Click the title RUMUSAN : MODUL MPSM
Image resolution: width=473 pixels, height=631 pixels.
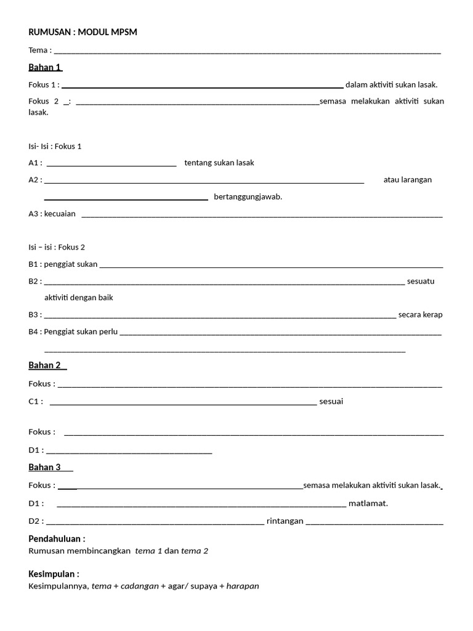(x=83, y=32)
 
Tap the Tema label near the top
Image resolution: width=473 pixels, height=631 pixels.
(x=38, y=51)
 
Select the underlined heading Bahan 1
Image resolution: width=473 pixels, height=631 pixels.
(x=45, y=67)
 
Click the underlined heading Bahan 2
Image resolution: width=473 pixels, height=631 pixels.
(x=45, y=365)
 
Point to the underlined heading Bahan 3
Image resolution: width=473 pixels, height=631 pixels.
(x=45, y=467)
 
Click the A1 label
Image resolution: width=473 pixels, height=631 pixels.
(x=34, y=163)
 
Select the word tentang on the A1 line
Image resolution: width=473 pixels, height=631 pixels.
(x=198, y=163)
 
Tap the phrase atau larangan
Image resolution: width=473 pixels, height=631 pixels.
(x=407, y=179)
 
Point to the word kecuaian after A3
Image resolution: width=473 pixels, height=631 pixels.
(x=60, y=214)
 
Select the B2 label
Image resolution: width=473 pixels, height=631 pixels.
(x=34, y=281)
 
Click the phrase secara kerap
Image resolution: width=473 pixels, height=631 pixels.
(x=420, y=314)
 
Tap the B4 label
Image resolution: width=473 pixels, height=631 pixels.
(x=34, y=332)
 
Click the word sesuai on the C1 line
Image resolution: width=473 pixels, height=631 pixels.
(x=331, y=401)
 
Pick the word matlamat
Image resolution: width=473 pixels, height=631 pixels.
(x=368, y=503)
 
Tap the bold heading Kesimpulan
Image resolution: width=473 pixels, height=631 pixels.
(x=54, y=574)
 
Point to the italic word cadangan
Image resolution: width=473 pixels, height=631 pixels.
(x=139, y=586)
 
